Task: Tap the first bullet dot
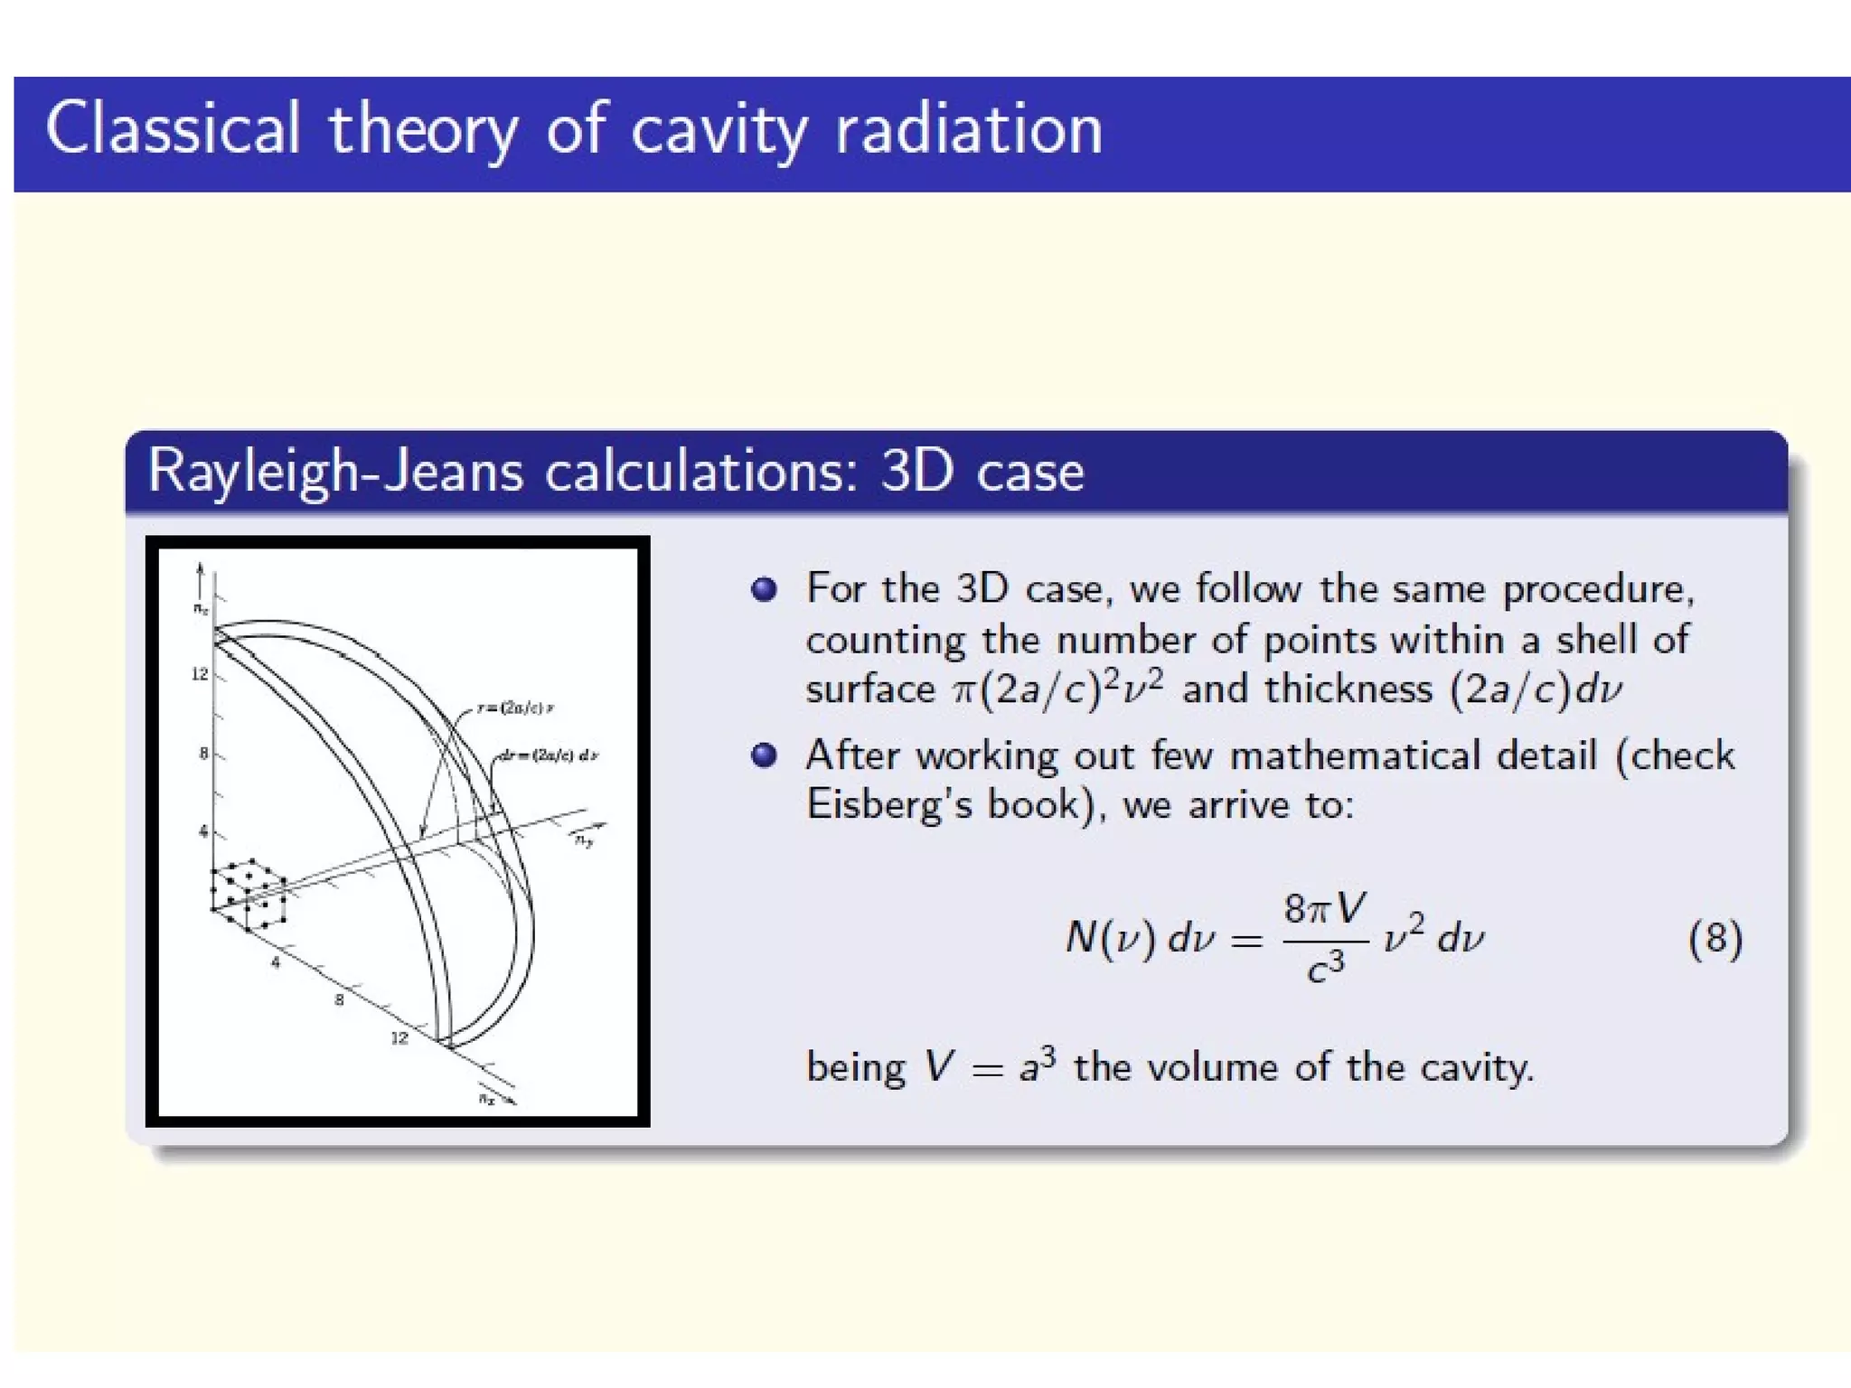click(764, 589)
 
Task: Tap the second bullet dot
click(764, 755)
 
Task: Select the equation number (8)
click(1715, 939)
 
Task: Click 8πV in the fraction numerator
click(1324, 908)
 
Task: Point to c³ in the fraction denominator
click(1325, 967)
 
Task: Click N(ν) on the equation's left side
click(1110, 939)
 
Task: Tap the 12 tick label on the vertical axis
click(200, 674)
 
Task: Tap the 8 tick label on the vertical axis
click(204, 754)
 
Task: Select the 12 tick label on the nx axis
click(399, 1038)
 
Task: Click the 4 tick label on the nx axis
click(276, 963)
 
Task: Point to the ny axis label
click(586, 841)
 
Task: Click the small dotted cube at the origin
click(249, 895)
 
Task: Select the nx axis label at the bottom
click(488, 1099)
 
